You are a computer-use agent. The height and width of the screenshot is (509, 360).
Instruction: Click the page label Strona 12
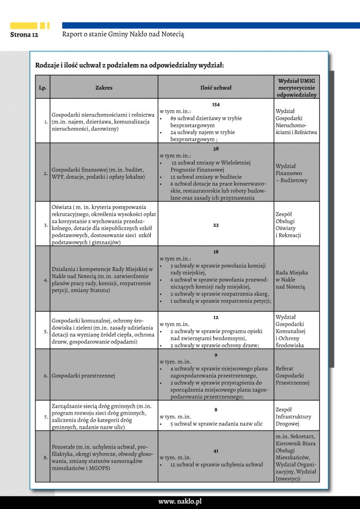point(24,34)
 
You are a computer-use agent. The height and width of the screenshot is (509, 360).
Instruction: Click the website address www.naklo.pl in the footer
point(180,501)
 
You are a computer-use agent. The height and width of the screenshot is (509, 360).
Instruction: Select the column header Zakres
point(104,87)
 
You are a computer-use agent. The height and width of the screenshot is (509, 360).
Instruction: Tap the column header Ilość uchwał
point(216,87)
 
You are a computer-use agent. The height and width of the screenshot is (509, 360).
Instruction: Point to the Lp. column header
point(42,87)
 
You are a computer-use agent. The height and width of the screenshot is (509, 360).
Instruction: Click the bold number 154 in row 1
point(216,104)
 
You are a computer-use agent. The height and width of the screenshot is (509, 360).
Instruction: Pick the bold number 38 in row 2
point(216,149)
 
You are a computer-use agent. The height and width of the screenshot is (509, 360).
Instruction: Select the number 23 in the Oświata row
point(216,225)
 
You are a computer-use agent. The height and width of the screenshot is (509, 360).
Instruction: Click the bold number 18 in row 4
point(216,252)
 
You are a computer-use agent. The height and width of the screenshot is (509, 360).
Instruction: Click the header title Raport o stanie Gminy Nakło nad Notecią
point(123,34)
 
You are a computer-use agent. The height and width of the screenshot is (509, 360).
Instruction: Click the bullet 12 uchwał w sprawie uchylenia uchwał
point(216,464)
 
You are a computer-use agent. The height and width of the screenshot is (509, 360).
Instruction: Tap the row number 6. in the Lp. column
point(46,376)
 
